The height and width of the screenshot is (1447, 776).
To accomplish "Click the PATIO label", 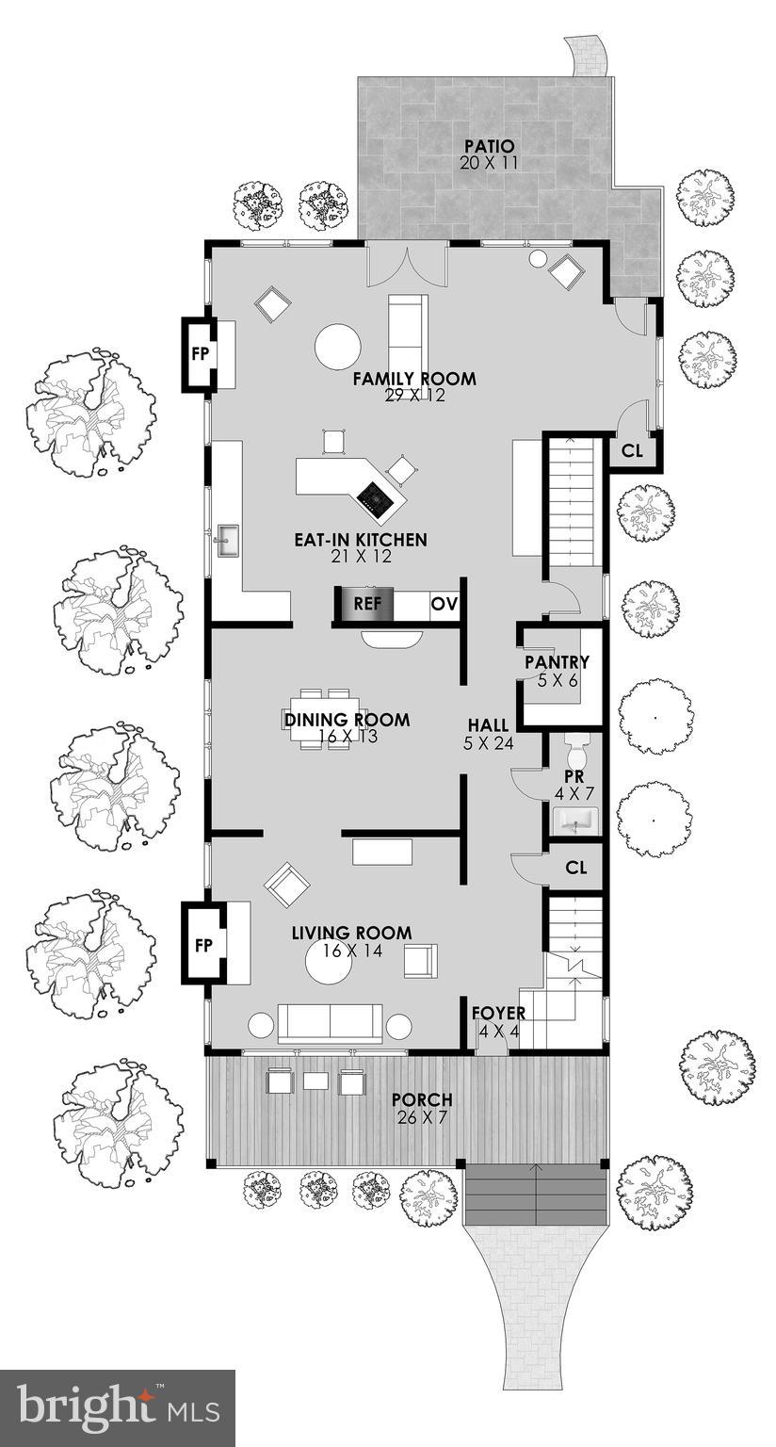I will click(490, 147).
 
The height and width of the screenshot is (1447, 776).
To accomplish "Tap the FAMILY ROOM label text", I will click(414, 379).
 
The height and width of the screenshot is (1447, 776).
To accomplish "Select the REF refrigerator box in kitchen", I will click(367, 604).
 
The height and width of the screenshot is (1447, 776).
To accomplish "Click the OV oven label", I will click(444, 604).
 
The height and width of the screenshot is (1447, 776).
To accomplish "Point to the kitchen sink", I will click(227, 541).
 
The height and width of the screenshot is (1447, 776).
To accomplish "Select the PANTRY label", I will click(557, 662).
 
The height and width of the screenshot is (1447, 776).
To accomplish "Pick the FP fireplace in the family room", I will click(200, 354).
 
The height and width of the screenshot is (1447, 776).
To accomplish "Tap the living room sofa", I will click(330, 1023).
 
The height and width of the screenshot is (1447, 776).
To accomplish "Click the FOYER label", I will click(498, 1014).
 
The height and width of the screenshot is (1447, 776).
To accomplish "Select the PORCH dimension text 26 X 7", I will click(422, 1116).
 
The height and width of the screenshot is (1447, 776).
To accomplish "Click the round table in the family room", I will click(337, 347).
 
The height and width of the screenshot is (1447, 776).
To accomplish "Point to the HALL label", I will click(489, 725).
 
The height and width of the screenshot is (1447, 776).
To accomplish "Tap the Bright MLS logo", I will click(117, 1408).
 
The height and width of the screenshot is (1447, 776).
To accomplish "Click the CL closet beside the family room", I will click(632, 451).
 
